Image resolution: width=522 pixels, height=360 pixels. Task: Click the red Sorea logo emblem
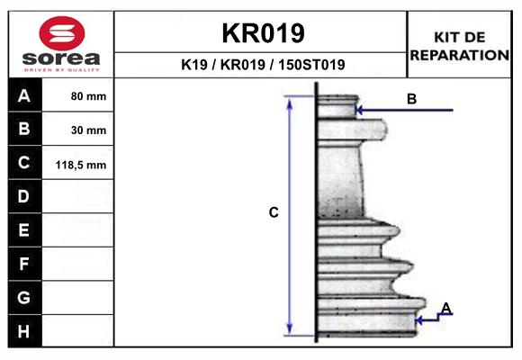(x=62, y=33)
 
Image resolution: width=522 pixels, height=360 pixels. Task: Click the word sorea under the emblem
(x=61, y=58)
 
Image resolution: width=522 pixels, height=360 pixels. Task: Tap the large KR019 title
(x=263, y=33)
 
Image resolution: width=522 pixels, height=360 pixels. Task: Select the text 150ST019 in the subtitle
(x=311, y=65)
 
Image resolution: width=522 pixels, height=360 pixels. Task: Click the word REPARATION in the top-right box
(x=459, y=55)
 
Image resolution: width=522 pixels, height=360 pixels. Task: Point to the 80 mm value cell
(x=78, y=95)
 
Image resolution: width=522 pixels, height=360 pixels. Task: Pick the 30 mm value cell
(x=78, y=130)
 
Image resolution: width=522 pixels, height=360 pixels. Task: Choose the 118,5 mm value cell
(x=78, y=163)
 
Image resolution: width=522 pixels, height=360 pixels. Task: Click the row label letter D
(x=23, y=196)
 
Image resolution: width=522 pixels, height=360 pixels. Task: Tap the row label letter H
(x=23, y=331)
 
